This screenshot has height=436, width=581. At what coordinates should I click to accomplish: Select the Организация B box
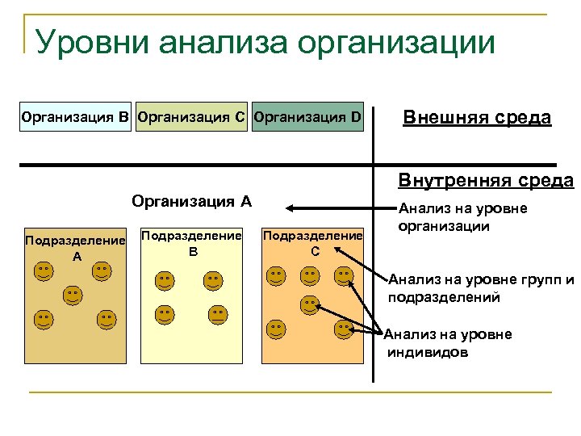coord(76,118)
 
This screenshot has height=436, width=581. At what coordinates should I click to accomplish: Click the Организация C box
coord(192,118)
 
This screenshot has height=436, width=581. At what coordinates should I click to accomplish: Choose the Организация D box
coord(307,118)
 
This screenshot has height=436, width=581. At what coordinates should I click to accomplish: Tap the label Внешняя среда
coord(477,118)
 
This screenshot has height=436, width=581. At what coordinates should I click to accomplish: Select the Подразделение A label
coord(76,248)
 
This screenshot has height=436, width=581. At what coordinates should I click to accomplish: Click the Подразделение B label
coord(192,242)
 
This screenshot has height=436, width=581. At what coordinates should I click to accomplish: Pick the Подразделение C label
coord(313,242)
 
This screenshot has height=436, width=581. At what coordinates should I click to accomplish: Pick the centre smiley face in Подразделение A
coord(73,295)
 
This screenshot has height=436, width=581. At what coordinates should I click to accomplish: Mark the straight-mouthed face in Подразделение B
coord(217,313)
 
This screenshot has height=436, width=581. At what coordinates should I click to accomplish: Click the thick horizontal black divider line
coord(202,165)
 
